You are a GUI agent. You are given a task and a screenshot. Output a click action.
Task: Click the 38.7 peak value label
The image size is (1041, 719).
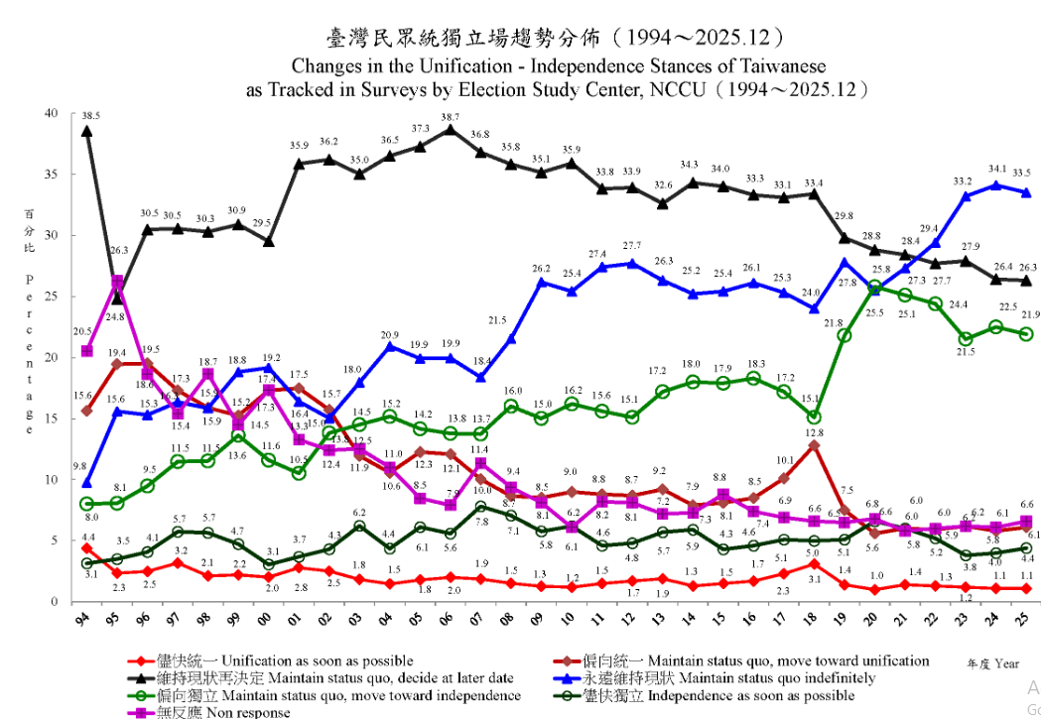pyautogui.click(x=451, y=117)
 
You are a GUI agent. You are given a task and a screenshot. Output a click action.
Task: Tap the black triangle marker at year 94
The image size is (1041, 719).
pyautogui.click(x=87, y=131)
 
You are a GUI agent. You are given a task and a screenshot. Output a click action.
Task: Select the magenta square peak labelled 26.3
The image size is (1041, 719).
pyautogui.click(x=117, y=283)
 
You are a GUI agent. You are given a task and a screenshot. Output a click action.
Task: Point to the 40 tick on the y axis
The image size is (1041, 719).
pyautogui.click(x=53, y=112)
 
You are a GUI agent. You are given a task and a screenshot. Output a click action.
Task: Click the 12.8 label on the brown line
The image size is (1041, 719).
pyautogui.click(x=814, y=432)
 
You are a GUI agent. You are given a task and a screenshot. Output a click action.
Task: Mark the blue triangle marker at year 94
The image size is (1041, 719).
pyautogui.click(x=87, y=483)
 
